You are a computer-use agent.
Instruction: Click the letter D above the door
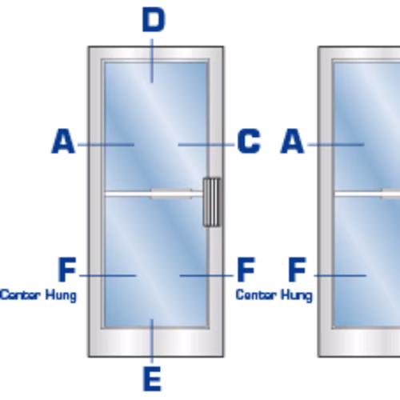coord(154,19)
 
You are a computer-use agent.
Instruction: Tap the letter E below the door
coord(152,378)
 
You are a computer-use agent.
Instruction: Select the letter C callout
coord(249,141)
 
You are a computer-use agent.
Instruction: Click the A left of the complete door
coord(63,141)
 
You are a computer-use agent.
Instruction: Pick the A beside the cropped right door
coord(292,141)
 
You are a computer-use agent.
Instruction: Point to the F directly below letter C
coord(246,270)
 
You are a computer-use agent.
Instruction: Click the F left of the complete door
coord(67,270)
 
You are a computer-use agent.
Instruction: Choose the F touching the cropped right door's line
coord(297,270)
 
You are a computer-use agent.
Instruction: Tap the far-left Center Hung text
coord(38,295)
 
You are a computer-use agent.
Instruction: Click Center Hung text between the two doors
coord(274,295)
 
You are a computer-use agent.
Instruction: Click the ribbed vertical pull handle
coord(212,202)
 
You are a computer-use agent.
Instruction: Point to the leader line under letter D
coord(152,61)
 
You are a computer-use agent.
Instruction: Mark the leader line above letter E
coord(152,341)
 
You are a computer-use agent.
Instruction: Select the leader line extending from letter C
coord(206,145)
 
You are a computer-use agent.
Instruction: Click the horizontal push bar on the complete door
coord(154,194)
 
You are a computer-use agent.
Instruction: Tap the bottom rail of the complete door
coord(156,343)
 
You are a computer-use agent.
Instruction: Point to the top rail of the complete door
coord(156,53)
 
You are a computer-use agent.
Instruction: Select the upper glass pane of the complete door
coord(156,126)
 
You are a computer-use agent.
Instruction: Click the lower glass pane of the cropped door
coord(367,262)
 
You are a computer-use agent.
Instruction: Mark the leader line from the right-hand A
coord(336,145)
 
